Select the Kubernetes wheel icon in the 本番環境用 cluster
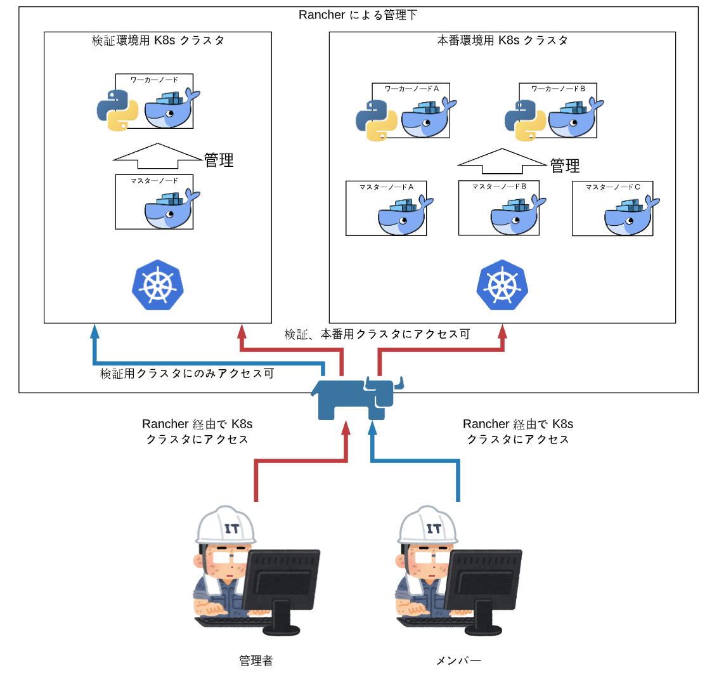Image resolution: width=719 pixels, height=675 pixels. (502, 284)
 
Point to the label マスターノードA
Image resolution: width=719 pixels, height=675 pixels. (386, 187)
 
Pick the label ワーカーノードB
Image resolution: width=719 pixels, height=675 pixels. (558, 89)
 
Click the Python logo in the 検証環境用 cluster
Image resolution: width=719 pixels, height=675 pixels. (117, 110)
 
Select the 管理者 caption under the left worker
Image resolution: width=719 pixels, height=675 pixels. (256, 660)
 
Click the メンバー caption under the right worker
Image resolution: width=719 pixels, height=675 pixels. (458, 660)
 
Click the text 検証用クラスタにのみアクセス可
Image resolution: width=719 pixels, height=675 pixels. (187, 374)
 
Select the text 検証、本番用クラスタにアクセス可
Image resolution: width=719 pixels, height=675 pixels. (377, 334)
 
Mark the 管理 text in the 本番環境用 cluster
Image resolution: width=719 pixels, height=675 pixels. (565, 166)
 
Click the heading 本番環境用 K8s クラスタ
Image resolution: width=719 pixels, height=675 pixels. (502, 41)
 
